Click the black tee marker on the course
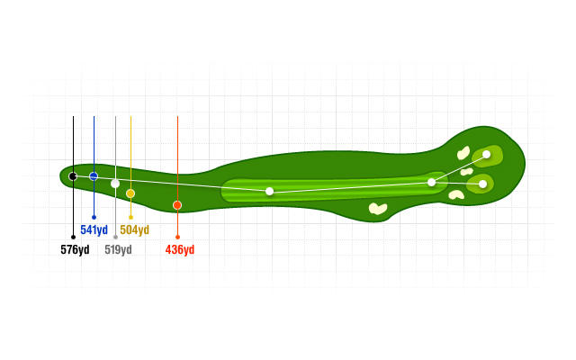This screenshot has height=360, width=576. (x=73, y=176)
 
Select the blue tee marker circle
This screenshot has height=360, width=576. (x=94, y=176)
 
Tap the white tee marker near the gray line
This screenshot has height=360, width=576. (x=115, y=184)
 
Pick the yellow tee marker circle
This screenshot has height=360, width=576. (x=130, y=193)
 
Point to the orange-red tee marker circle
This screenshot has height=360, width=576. (x=177, y=205)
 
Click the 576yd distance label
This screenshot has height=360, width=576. (x=75, y=250)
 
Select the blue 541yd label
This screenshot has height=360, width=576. (x=94, y=230)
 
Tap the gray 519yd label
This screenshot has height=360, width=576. (x=118, y=250)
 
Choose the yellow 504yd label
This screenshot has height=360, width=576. (x=134, y=230)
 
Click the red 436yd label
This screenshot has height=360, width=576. (x=180, y=250)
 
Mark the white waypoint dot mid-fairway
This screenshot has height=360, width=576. (x=270, y=192)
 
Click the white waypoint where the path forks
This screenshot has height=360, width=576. (x=432, y=182)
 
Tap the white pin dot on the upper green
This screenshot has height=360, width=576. (x=486, y=154)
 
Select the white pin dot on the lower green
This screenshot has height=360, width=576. (x=483, y=184)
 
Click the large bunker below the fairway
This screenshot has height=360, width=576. (x=378, y=208)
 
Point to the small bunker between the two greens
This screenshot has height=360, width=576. (x=466, y=172)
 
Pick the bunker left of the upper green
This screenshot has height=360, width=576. (x=463, y=153)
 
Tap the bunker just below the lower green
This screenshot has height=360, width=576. (x=456, y=194)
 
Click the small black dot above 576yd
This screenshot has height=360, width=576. (x=73, y=238)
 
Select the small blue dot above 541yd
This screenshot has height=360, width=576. (x=94, y=218)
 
